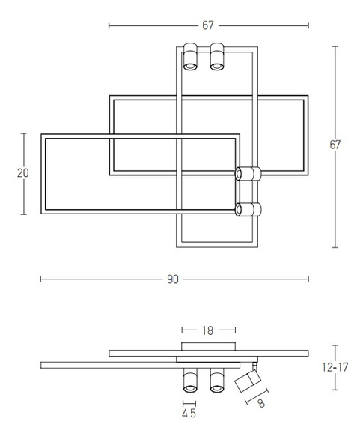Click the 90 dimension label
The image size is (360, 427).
tap(173, 279)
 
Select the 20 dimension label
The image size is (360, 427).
tap(23, 173)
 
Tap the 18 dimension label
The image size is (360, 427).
tap(207, 330)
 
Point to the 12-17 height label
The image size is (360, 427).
tap(335, 367)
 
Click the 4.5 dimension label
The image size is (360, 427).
tap(189, 413)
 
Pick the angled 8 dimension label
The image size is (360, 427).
tap(261, 403)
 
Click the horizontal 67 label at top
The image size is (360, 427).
tap(208, 25)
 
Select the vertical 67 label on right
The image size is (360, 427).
tap(335, 145)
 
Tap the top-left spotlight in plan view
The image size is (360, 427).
tap(190, 57)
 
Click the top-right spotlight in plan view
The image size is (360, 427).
tap(217, 57)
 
